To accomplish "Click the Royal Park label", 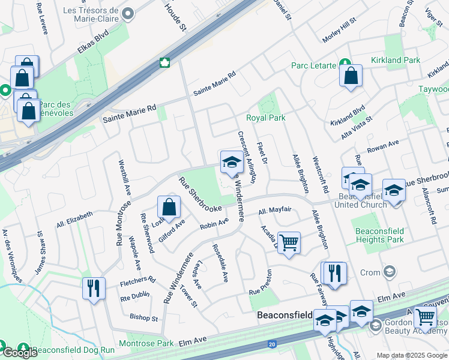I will tap(265, 118).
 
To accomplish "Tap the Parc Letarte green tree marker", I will tap(345, 62).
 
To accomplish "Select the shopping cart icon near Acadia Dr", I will tap(289, 242).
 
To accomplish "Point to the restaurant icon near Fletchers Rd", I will tap(93, 288).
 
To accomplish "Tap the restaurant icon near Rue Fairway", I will tap(334, 272).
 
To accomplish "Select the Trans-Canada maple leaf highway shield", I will tap(163, 63).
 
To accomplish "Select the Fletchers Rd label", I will tap(137, 280).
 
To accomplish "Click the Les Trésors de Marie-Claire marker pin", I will tap(128, 13).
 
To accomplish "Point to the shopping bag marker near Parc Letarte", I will tap(350, 76).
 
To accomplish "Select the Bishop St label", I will tap(144, 317).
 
